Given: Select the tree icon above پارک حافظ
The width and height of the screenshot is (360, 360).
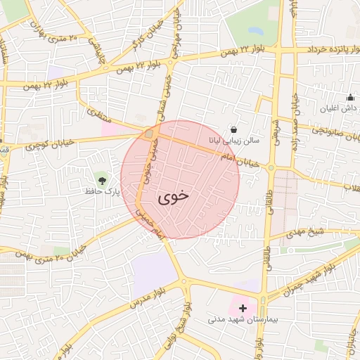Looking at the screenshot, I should [103, 180].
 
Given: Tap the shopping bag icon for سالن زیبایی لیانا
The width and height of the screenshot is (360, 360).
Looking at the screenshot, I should [233, 130].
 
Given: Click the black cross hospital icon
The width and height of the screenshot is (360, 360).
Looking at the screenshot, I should [243, 308].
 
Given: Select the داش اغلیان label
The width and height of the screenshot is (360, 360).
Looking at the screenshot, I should [340, 108].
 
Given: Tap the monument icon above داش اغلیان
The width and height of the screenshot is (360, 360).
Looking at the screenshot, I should [349, 98].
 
